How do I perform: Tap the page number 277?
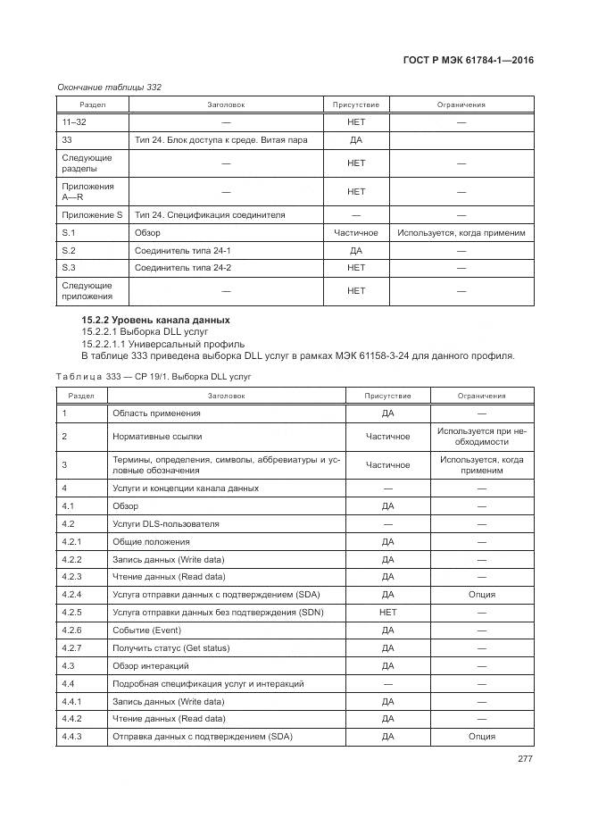tap(525, 759)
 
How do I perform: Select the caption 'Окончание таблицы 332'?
tap(109, 87)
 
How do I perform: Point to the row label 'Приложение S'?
tap(92, 215)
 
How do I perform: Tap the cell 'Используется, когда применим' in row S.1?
tap(461, 233)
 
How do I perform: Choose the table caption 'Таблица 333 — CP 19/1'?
tap(147, 377)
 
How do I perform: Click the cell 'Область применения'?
tap(156, 413)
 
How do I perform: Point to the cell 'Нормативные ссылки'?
tap(157, 436)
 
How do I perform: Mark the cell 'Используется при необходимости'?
tap(482, 436)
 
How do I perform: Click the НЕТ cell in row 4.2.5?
tap(387, 612)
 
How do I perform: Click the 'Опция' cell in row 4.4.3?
tap(482, 737)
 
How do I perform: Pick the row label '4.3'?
tap(68, 665)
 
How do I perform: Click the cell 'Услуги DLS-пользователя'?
tap(165, 524)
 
